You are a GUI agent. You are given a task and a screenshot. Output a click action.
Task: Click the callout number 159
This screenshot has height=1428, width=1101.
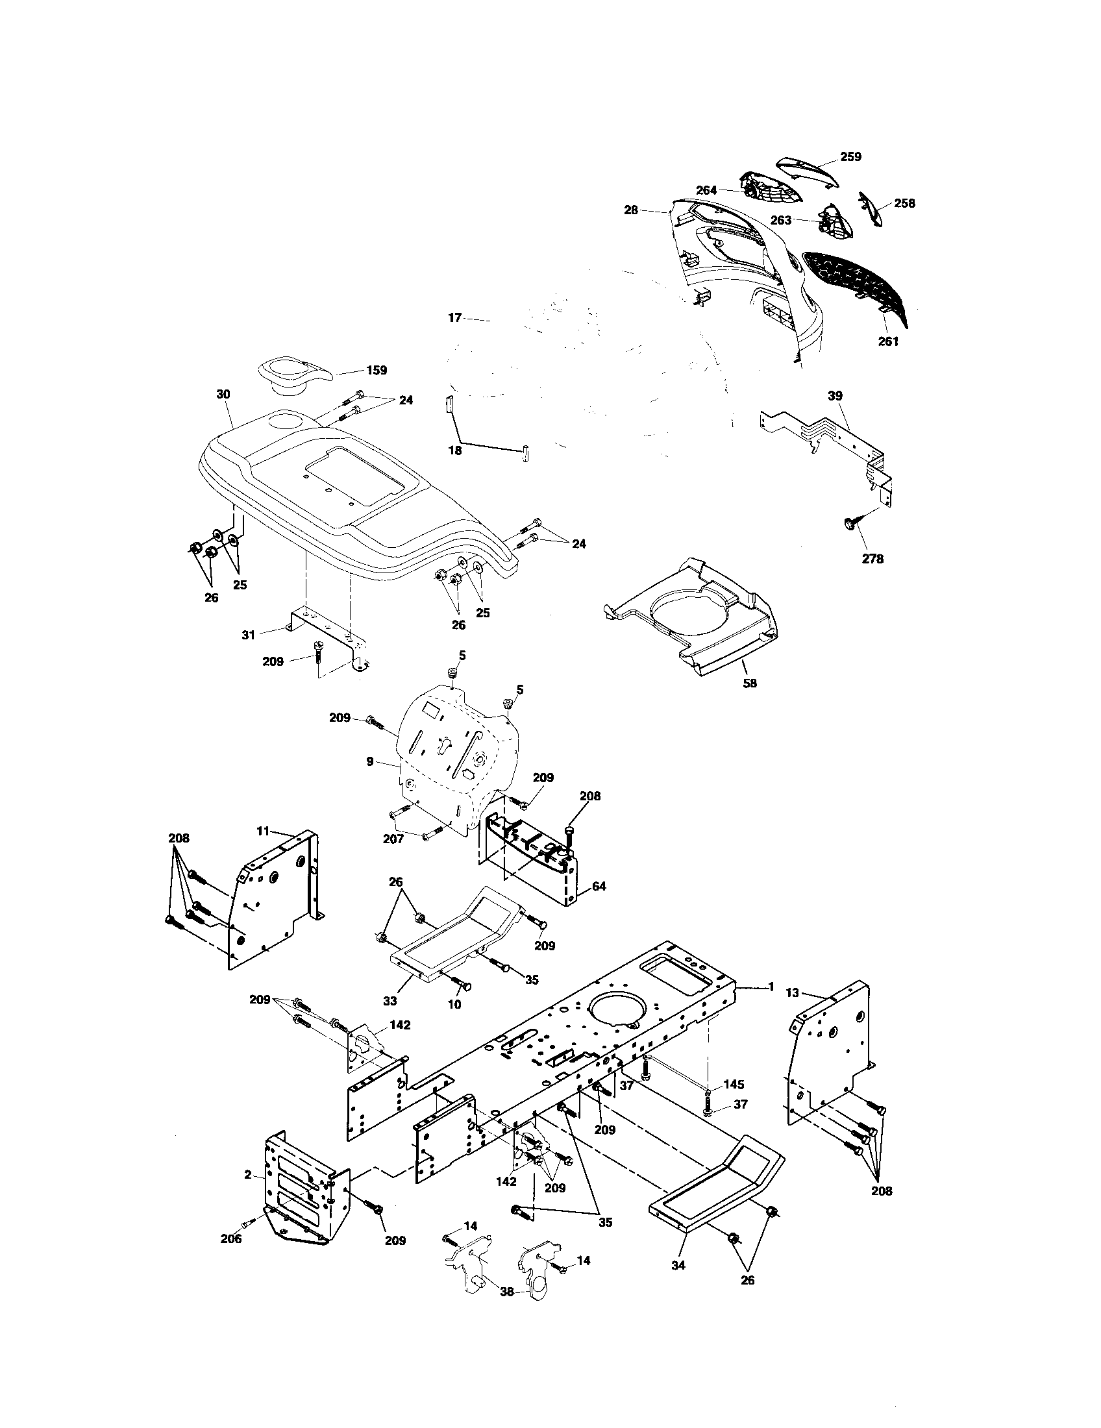376,370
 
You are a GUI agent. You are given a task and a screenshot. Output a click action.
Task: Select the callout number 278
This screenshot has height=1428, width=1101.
873,559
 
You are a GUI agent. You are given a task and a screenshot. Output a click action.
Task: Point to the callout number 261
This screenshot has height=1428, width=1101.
889,341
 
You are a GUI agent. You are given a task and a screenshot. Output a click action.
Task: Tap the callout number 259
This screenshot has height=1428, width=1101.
850,157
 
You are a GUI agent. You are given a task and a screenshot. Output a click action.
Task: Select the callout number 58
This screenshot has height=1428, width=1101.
750,683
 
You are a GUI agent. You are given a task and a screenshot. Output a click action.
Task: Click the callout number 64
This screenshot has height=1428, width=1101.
599,887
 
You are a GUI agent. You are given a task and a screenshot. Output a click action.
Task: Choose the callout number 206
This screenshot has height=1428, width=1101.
230,1239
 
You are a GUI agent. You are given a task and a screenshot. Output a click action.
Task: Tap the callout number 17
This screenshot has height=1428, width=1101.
455,318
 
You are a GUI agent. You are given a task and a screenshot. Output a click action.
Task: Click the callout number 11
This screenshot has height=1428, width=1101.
263,831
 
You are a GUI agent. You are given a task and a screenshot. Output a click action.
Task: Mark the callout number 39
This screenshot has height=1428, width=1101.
835,395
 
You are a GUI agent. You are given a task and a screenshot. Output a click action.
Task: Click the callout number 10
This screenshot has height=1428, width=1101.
454,1022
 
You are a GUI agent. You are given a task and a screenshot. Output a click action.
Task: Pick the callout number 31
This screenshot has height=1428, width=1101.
249,634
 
